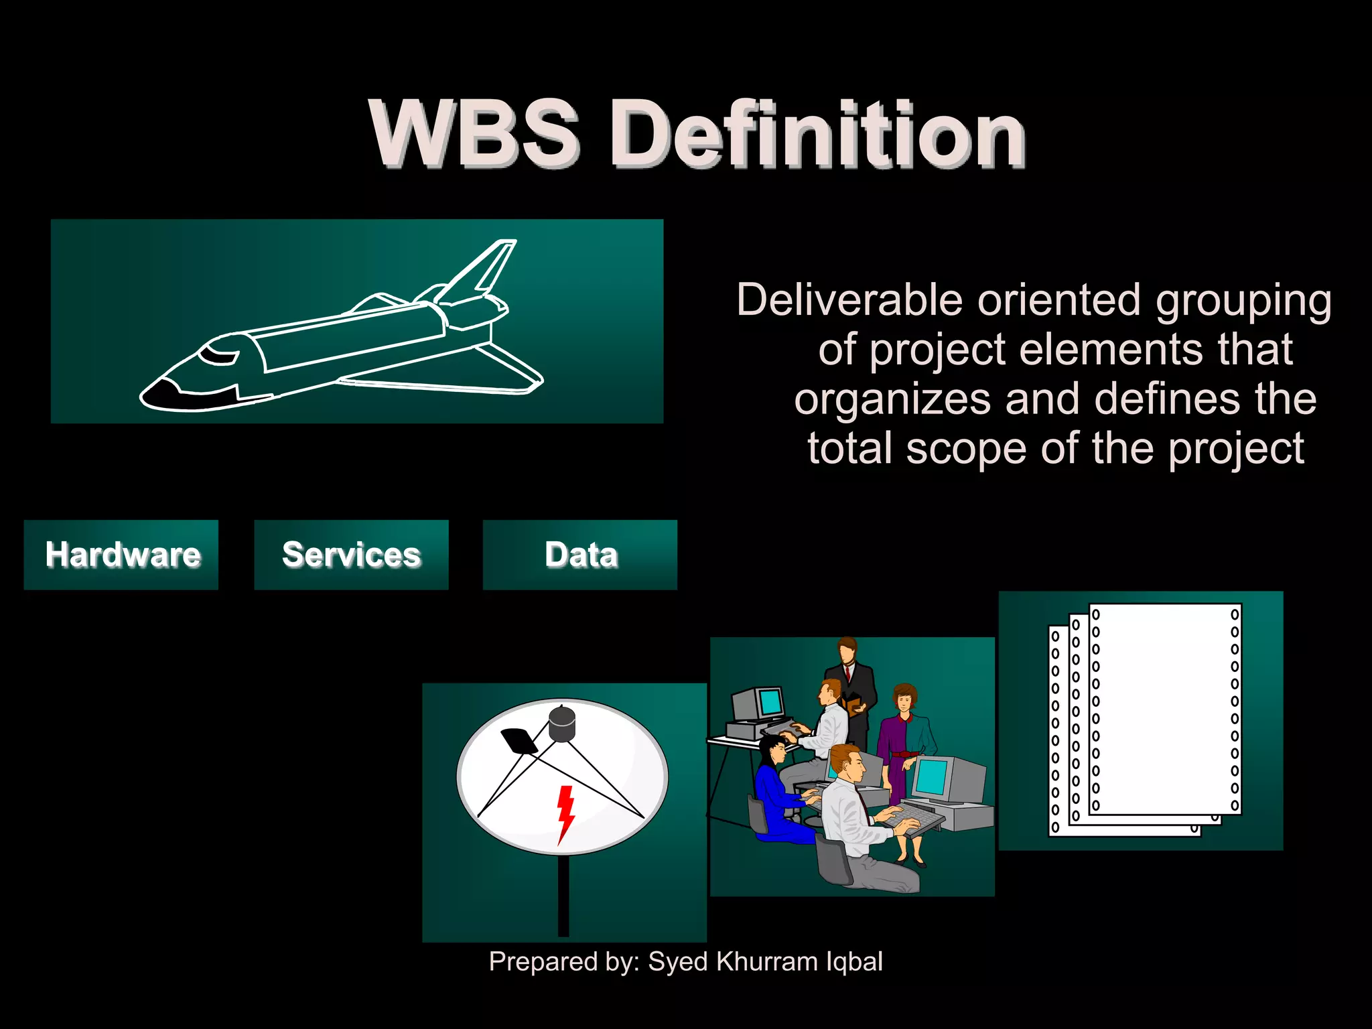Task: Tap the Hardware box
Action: point(121,555)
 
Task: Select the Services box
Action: point(351,555)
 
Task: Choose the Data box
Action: point(580,555)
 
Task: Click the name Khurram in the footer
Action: point(766,961)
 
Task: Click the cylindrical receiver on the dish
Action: point(562,724)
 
